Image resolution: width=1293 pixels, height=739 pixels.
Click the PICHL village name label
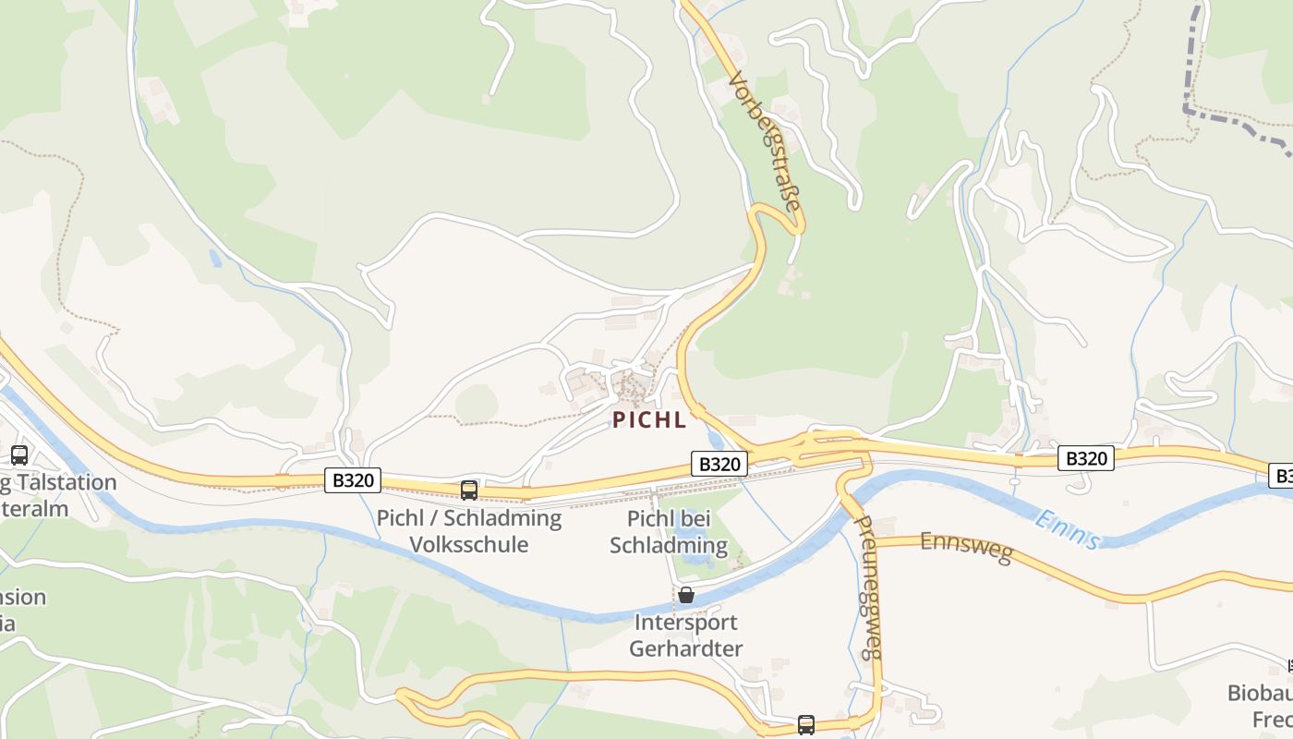649,420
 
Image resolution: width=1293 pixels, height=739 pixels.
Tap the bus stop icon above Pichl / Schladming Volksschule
469,490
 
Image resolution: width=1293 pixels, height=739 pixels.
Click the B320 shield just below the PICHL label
719,464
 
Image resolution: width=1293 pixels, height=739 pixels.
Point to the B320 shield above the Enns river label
1086,458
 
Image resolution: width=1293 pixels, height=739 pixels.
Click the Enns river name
1068,529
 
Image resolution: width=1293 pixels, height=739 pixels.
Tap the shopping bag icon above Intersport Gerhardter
685,595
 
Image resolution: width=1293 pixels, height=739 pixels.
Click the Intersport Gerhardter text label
685,636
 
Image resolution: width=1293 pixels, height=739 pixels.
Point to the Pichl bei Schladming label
668,532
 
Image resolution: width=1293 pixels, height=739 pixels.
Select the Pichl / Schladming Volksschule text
469,531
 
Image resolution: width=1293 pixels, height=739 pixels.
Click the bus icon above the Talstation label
19,454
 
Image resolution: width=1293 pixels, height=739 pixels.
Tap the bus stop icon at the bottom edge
806,724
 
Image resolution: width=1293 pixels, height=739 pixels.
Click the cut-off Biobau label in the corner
1260,693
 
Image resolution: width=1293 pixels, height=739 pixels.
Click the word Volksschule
469,544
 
